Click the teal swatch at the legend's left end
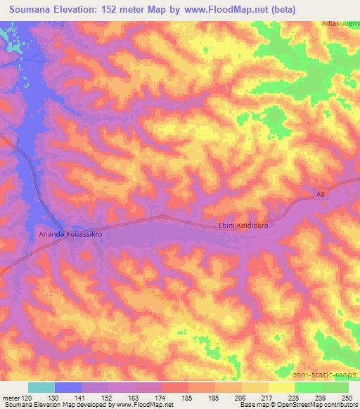pos(41,387)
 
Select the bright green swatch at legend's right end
pos(335,387)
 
